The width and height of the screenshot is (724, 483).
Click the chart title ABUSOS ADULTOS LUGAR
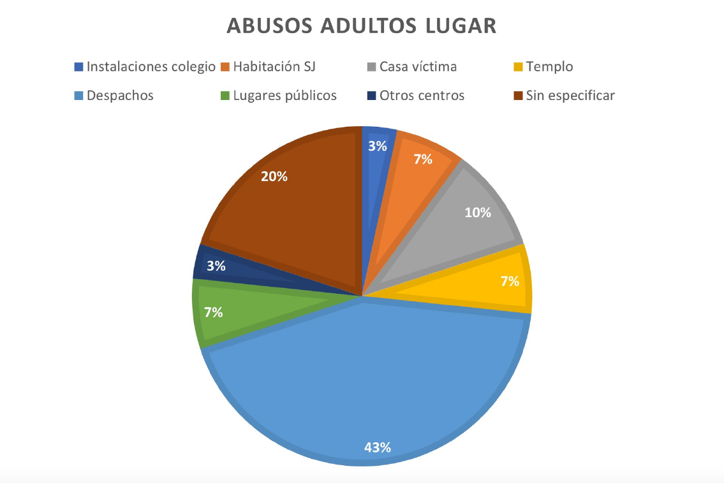pos(362,26)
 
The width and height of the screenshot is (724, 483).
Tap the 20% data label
pos(274,177)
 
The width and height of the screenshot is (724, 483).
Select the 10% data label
pos(478,213)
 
